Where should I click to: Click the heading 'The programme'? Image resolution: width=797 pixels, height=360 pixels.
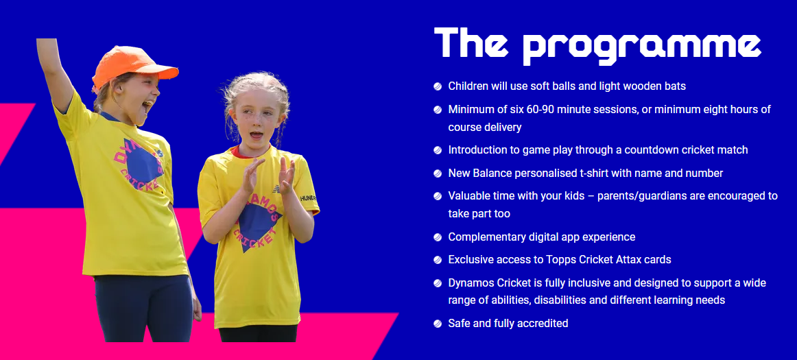pos(597,43)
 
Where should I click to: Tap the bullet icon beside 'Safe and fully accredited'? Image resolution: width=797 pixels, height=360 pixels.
pos(438,324)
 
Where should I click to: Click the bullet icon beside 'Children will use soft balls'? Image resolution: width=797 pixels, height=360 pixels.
pos(438,86)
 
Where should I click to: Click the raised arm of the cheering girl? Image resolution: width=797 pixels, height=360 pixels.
pos(55,69)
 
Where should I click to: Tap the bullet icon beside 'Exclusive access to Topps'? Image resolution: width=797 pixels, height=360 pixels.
pos(438,260)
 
